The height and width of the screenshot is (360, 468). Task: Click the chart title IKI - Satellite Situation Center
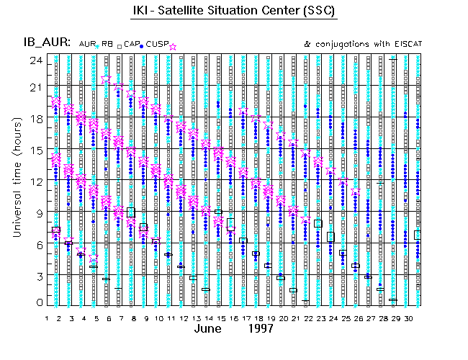234,12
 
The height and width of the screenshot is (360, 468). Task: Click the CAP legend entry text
131,45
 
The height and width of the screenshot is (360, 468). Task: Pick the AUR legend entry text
86,45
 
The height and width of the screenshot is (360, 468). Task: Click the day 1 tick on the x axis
47,318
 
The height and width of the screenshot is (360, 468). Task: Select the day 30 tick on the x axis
408,318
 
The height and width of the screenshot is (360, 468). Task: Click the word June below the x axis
210,330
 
